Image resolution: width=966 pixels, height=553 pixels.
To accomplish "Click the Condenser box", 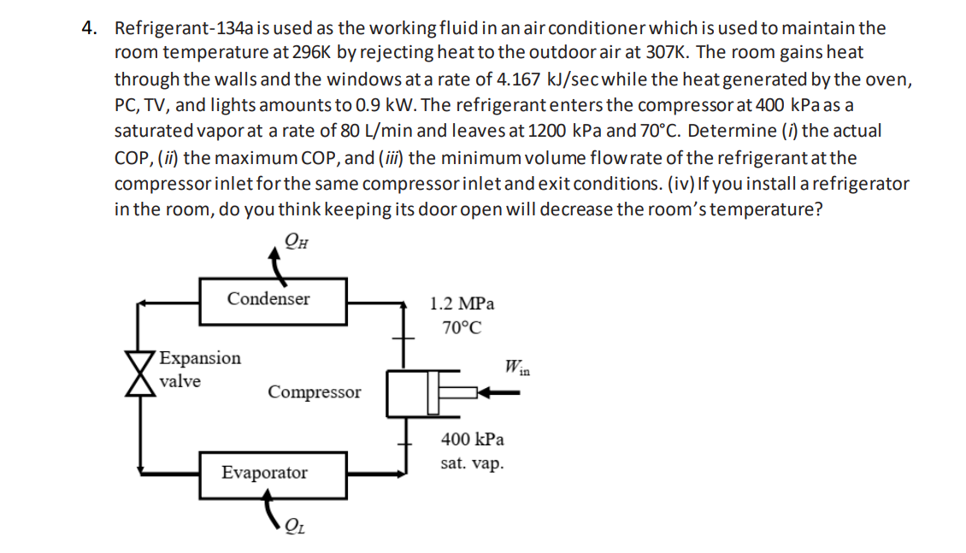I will coord(273,300).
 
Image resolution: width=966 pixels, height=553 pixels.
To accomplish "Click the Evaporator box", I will coord(273,474).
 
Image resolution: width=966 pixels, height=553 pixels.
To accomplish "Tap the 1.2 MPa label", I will coord(462,303).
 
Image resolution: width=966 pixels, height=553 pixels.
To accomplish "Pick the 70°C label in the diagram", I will coord(462,327).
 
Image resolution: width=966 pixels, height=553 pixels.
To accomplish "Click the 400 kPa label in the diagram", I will coord(472,439).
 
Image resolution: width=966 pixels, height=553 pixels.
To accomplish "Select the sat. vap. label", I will coord(472,463).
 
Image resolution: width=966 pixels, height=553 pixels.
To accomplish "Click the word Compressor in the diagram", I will coord(314,392).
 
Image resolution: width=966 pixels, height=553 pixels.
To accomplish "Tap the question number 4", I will coord(88,28).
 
